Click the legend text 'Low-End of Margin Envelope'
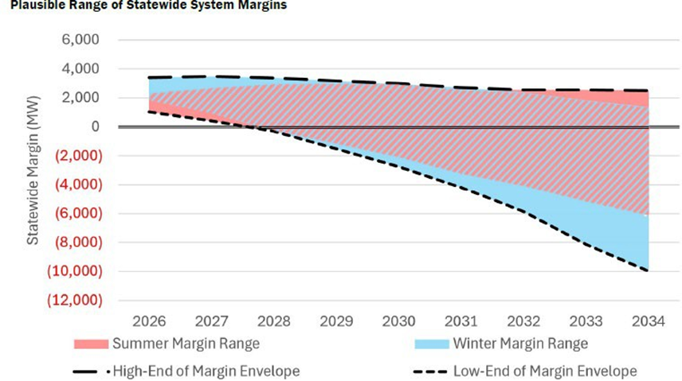tap(545, 370)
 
